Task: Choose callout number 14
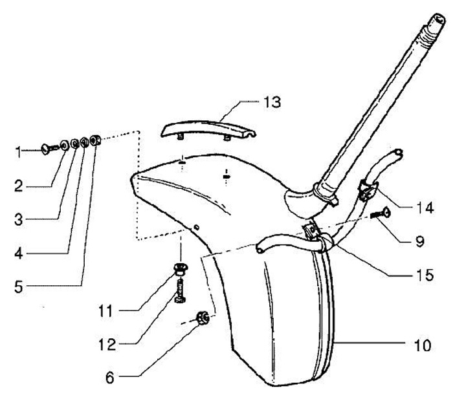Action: [x=424, y=208]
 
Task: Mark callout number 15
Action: [x=424, y=275]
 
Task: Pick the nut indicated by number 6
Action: [x=202, y=318]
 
